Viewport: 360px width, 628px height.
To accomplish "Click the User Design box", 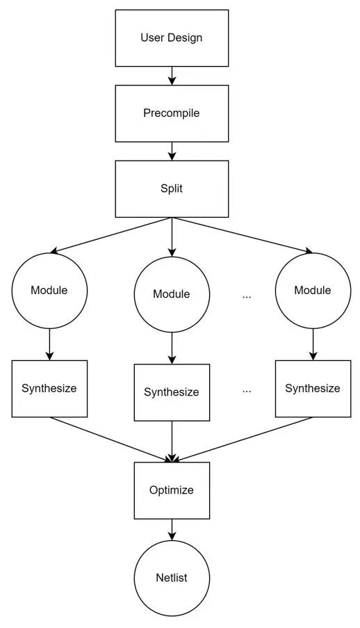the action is pyautogui.click(x=172, y=38).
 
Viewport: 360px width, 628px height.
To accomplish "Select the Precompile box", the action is pyautogui.click(x=172, y=113).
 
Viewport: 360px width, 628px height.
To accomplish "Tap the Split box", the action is pyautogui.click(x=172, y=188).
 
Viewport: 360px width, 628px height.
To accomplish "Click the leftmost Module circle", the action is pyautogui.click(x=49, y=291).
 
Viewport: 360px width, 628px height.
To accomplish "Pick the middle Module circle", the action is pyautogui.click(x=172, y=294).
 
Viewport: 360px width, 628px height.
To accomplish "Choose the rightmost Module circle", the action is pyautogui.click(x=313, y=291).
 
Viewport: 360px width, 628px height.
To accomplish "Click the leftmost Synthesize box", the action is pyautogui.click(x=49, y=389).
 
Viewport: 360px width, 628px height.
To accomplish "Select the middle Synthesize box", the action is pyautogui.click(x=172, y=392).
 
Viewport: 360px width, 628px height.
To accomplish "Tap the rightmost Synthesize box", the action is pyautogui.click(x=313, y=389).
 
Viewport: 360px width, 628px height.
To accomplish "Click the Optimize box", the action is pyautogui.click(x=172, y=490).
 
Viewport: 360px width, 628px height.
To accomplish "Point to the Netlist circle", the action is pyautogui.click(x=172, y=578).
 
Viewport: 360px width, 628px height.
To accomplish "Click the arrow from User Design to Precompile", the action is pyautogui.click(x=172, y=76).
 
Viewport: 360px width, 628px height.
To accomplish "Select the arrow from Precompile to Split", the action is pyautogui.click(x=172, y=151).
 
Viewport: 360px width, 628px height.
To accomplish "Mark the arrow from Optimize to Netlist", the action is pyautogui.click(x=172, y=529).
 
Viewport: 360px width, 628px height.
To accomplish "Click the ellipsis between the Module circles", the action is pyautogui.click(x=247, y=297).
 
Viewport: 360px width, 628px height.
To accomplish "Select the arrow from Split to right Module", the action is pyautogui.click(x=243, y=236).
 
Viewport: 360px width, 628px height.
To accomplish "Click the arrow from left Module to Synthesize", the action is pyautogui.click(x=49, y=344).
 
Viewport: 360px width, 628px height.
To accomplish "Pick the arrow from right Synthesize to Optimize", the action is pyautogui.click(x=243, y=440).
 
